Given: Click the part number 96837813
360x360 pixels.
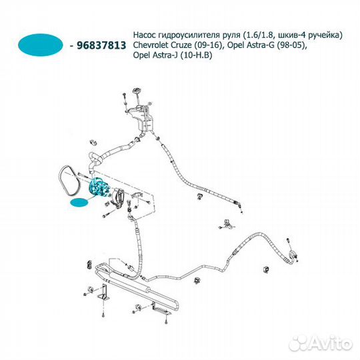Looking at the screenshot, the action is point(101,45).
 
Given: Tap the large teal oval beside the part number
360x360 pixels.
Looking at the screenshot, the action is point(41,45).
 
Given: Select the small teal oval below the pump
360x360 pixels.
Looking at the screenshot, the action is point(79,203).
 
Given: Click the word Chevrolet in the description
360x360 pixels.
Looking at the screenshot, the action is point(151,45).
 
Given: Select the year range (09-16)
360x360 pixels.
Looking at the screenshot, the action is point(209,45).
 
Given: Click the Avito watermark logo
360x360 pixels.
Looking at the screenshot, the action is point(321,344).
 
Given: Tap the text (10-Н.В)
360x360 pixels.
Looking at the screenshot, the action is point(196,55).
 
